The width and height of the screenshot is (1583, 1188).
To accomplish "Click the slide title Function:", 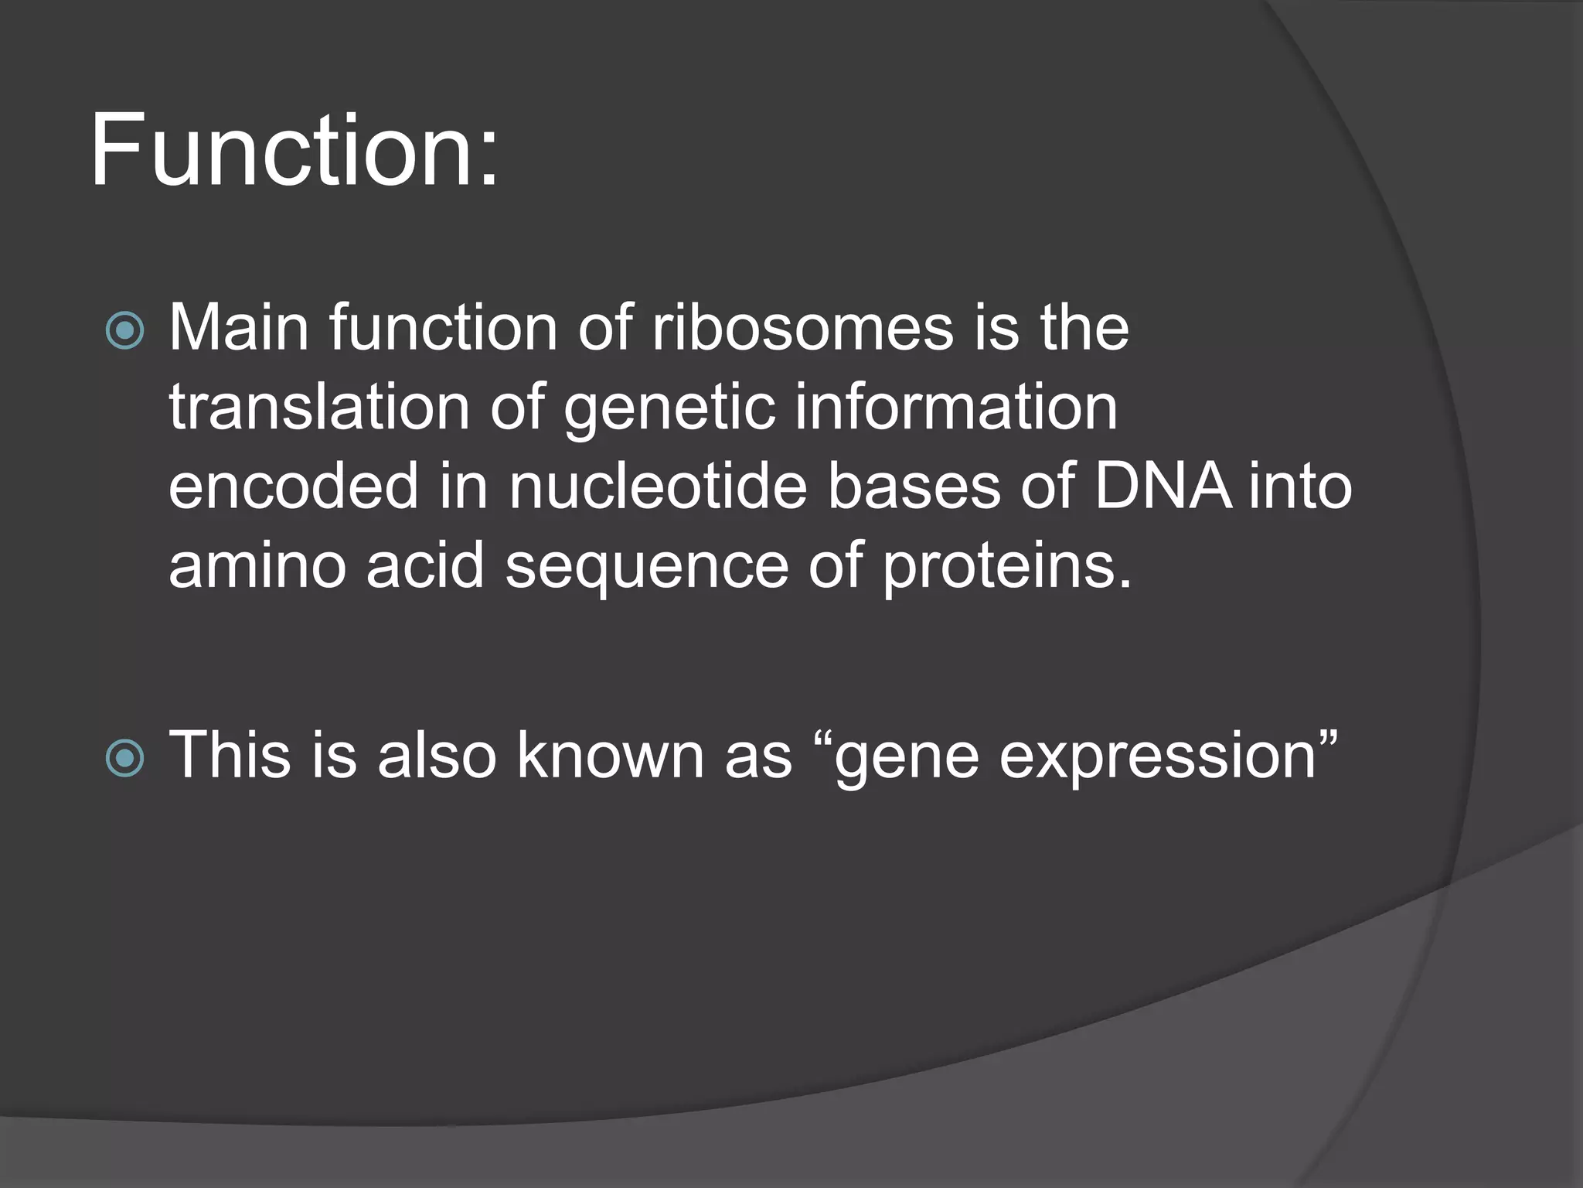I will click(294, 151).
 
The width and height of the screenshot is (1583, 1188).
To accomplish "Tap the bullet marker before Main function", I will click(124, 330).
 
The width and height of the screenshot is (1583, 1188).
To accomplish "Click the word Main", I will click(239, 328).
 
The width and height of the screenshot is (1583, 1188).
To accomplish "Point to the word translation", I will click(319, 408).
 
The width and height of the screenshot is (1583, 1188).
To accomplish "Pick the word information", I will click(956, 408).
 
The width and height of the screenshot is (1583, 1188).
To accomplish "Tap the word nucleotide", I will click(658, 486).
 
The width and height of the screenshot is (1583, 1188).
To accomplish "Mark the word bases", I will click(914, 486).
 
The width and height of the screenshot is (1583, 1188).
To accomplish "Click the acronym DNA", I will click(1163, 486).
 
